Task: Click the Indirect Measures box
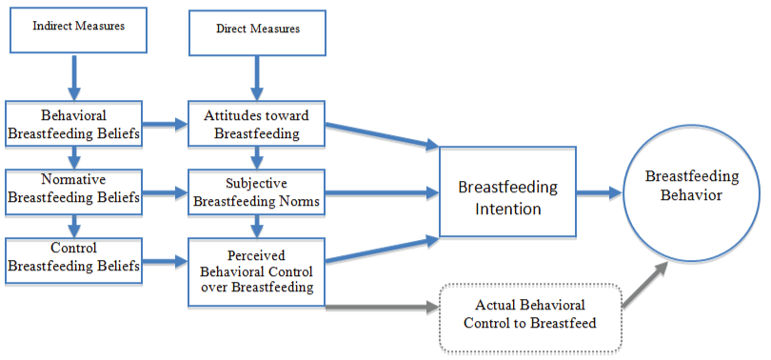[79, 30]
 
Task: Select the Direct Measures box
[257, 31]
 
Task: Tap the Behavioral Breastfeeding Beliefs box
[73, 124]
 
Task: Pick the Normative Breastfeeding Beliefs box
[73, 192]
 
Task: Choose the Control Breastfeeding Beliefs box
[73, 261]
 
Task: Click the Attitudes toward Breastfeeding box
[256, 124]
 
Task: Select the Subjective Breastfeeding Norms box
[256, 192]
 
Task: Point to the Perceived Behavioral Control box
[256, 272]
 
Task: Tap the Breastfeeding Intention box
[507, 191]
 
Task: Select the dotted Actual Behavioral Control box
[529, 318]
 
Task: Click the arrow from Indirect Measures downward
[73, 77]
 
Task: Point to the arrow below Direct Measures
[257, 78]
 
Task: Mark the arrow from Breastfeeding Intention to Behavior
[600, 192]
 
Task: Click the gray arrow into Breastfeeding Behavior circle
[645, 284]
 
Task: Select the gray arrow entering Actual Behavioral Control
[382, 308]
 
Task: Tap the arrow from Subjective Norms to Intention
[382, 192]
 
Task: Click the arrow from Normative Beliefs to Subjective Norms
[166, 192]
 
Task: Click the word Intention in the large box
[508, 209]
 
